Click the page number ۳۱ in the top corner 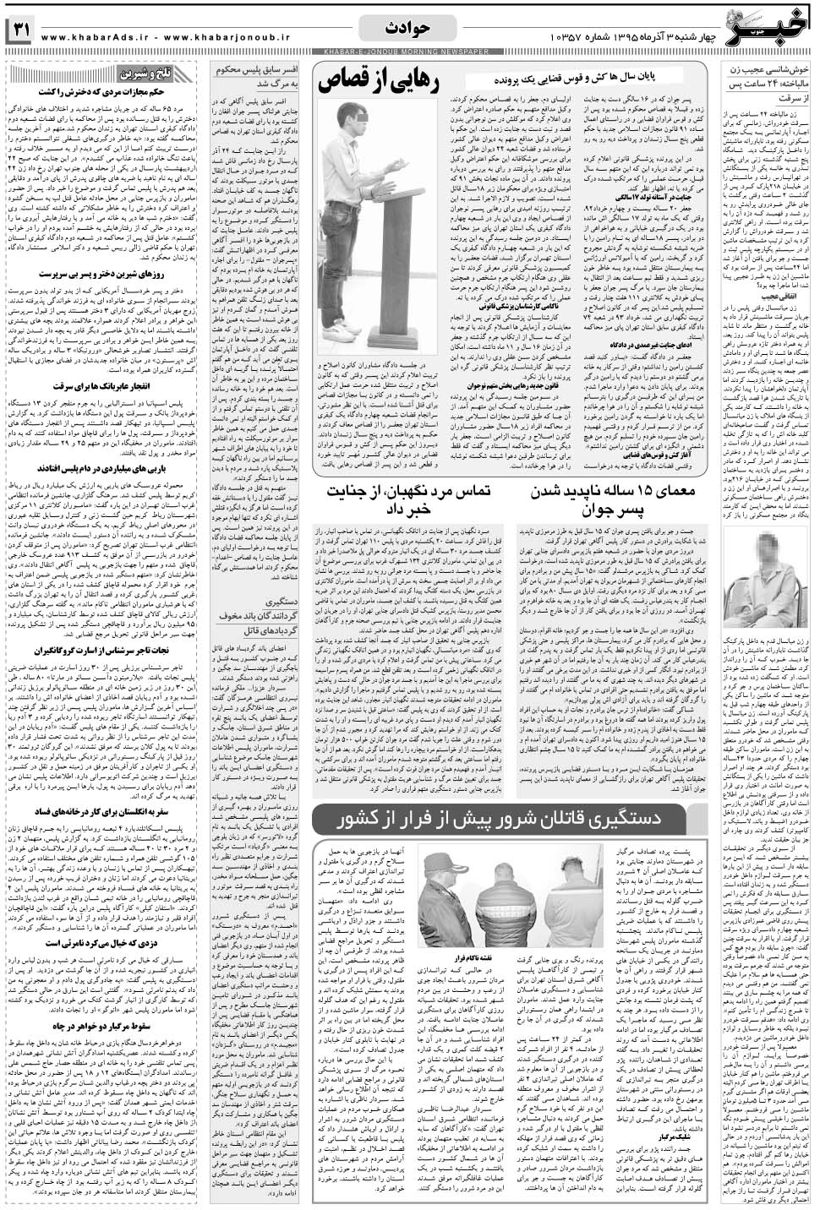coord(21,31)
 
